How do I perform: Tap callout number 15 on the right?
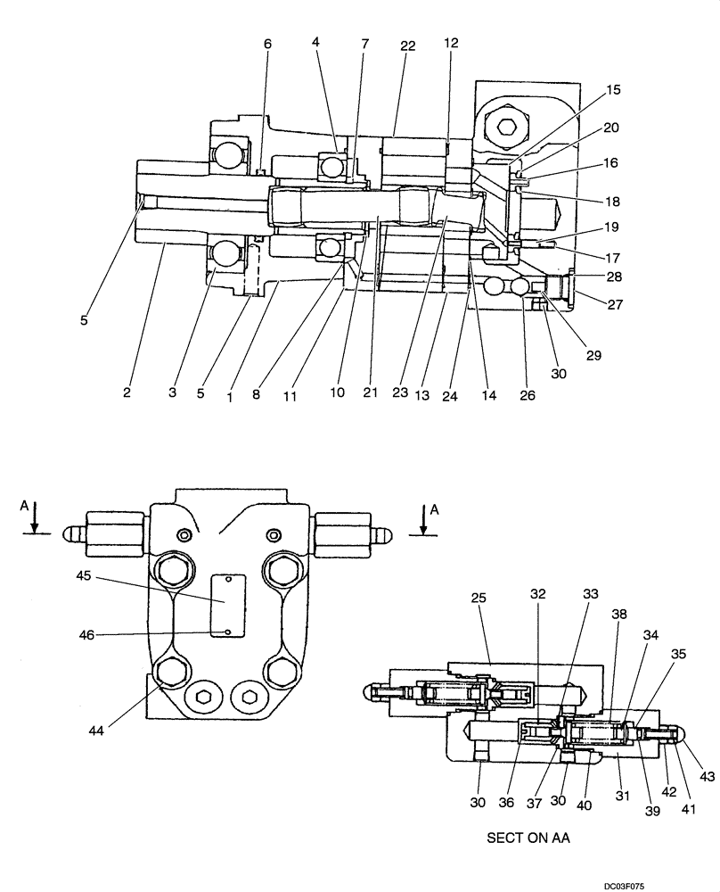point(613,90)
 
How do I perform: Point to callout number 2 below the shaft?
point(127,392)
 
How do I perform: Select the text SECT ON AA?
point(528,838)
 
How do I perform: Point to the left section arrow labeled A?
point(34,516)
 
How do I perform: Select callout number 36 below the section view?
point(507,777)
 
